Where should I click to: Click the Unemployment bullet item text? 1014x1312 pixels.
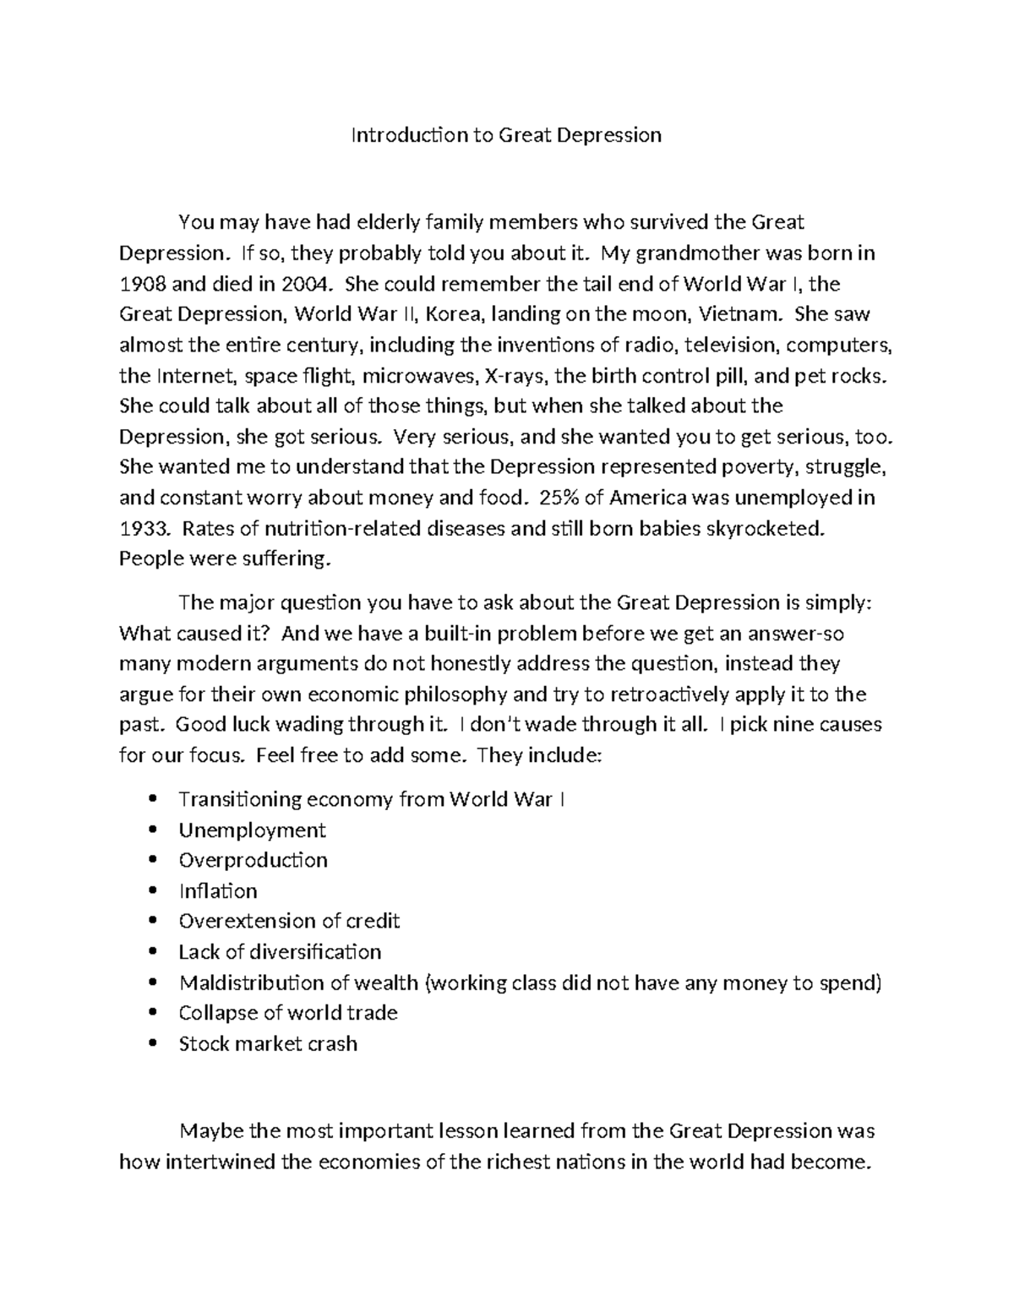252,830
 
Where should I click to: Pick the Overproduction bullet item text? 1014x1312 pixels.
253,860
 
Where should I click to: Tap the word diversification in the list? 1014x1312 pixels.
315,952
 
